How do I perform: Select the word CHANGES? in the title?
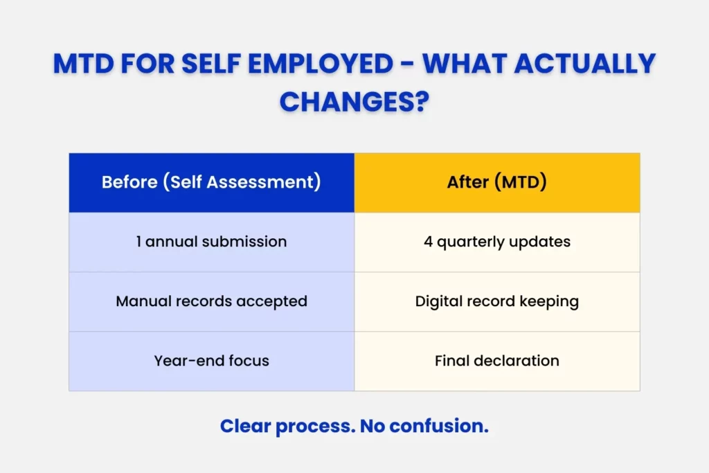354,101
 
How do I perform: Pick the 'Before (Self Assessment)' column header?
211,183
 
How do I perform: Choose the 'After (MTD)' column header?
496,183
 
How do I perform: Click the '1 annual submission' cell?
211,242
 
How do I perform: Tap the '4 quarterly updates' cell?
496,242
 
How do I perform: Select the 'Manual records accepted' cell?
211,301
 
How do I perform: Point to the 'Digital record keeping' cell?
496,301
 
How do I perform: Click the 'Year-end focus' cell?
211,361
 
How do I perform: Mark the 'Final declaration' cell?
496,361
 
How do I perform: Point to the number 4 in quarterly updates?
428,242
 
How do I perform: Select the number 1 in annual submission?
139,242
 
